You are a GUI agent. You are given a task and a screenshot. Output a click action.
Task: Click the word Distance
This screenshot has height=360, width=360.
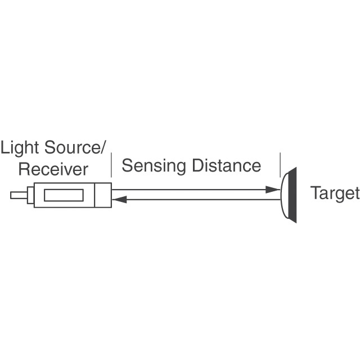(x=226, y=165)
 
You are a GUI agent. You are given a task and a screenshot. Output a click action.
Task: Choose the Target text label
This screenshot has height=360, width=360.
(x=335, y=193)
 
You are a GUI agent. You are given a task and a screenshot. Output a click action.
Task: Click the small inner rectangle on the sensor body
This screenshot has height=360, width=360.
(x=64, y=195)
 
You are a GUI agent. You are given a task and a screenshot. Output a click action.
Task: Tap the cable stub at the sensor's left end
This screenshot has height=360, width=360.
(x=18, y=195)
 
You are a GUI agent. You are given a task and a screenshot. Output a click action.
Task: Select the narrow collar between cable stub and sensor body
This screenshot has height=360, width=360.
(x=30, y=195)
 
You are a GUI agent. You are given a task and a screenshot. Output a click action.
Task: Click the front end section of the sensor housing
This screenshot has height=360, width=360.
(x=103, y=195)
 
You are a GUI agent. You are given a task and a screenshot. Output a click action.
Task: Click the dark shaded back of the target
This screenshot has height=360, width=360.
(x=292, y=195)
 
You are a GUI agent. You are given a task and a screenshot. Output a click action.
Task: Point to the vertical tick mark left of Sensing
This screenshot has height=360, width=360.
(x=111, y=165)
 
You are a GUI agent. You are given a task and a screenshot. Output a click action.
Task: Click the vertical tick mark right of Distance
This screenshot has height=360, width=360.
(x=280, y=165)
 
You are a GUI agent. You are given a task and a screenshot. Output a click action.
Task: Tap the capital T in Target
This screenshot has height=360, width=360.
(x=315, y=193)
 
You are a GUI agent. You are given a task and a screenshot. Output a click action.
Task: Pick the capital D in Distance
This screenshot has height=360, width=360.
(x=197, y=165)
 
